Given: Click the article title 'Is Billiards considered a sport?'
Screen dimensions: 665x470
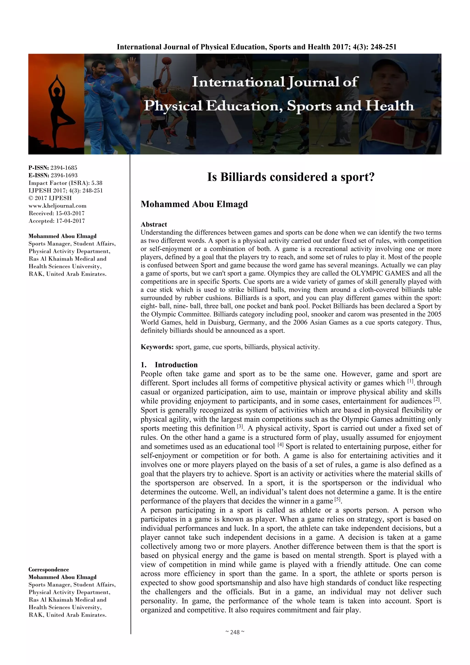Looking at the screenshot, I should pyautogui.click(x=291, y=177).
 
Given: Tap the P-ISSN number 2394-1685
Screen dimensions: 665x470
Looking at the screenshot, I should pyautogui.click(x=64, y=168).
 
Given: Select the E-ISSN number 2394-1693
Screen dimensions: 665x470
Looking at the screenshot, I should pyautogui.click(x=64, y=175).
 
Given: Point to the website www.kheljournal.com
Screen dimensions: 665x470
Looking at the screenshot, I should pyautogui.click(x=57, y=206).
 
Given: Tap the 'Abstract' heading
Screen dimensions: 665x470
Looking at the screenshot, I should pyautogui.click(x=154, y=224).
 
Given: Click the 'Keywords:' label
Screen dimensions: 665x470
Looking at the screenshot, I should pyautogui.click(x=157, y=347).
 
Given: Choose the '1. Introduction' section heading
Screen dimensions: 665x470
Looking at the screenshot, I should pyautogui.click(x=169, y=365).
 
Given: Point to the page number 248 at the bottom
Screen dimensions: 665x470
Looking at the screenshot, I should pyautogui.click(x=235, y=632).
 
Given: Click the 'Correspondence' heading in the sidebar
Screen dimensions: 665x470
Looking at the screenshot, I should pyautogui.click(x=49, y=569).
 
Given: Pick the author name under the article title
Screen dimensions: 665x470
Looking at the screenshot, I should pyautogui.click(x=194, y=204).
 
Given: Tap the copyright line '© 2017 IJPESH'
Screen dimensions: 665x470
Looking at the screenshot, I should pyautogui.click(x=50, y=198).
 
